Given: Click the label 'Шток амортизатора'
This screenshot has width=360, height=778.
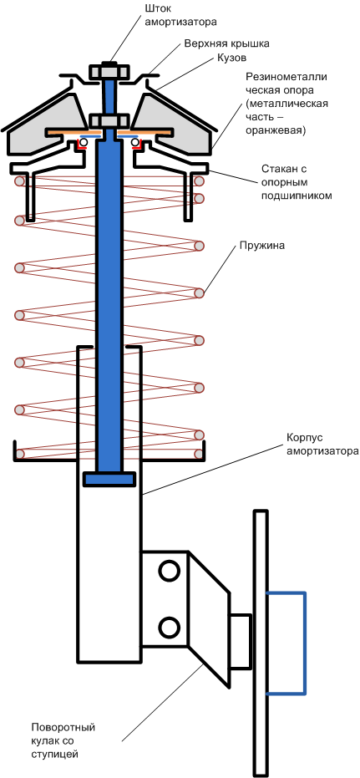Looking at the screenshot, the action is click(181, 15).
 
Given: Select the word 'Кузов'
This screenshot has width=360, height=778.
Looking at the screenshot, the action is click(231, 58).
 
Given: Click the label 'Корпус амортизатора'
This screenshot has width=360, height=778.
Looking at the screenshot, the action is click(322, 445).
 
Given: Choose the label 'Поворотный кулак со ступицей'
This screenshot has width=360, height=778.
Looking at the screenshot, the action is click(63, 741).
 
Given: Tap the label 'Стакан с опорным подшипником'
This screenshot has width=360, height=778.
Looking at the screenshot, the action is click(297, 181).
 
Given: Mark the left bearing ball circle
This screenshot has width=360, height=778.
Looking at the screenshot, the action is click(84, 143).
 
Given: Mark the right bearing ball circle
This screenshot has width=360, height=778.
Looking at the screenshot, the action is click(135, 143).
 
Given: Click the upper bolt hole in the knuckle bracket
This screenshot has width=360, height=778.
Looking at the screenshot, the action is click(169, 570).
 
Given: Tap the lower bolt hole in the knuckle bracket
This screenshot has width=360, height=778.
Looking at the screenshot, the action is click(169, 627).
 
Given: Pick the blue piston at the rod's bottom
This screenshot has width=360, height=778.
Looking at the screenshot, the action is click(109, 480).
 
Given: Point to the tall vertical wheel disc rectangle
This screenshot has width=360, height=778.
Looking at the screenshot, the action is click(261, 643).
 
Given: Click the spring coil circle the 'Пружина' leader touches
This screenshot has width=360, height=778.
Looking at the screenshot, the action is click(200, 292).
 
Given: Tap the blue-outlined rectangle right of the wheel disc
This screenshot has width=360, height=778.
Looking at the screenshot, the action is click(286, 643).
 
